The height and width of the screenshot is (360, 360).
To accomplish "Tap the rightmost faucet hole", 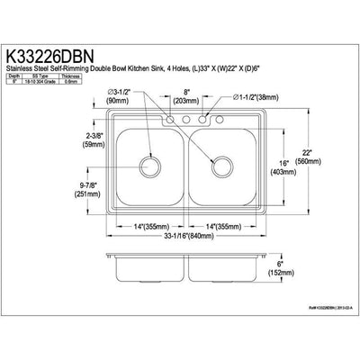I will point(217,119).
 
